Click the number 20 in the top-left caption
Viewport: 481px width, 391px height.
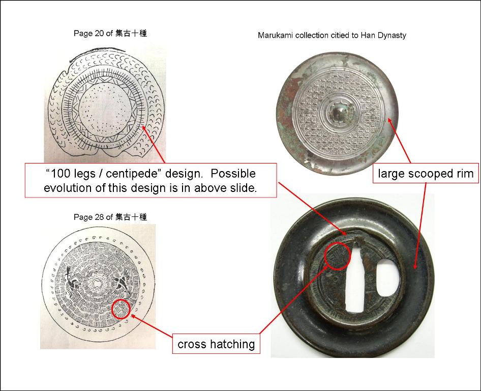99,33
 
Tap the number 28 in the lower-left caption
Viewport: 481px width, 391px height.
99,217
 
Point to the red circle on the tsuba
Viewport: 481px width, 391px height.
338,256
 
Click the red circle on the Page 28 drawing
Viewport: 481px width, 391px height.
121,309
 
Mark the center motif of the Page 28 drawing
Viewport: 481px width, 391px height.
97,284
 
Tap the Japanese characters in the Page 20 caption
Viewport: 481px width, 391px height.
131,33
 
